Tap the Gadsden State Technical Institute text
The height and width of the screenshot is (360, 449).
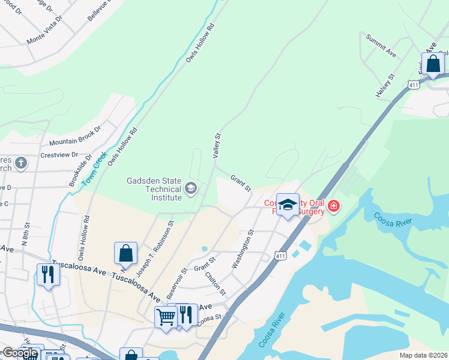click(154, 189)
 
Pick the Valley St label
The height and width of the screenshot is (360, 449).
click(217, 146)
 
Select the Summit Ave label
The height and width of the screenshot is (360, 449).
click(381, 46)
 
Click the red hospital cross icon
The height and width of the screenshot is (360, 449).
click(333, 208)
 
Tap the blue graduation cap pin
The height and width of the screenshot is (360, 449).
click(288, 205)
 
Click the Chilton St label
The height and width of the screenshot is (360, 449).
click(215, 284)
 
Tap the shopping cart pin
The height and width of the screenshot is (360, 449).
click(166, 316)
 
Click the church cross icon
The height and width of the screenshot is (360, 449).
click(20, 163)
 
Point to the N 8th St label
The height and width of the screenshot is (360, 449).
click(25, 235)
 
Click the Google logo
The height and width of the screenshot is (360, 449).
click(19, 353)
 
